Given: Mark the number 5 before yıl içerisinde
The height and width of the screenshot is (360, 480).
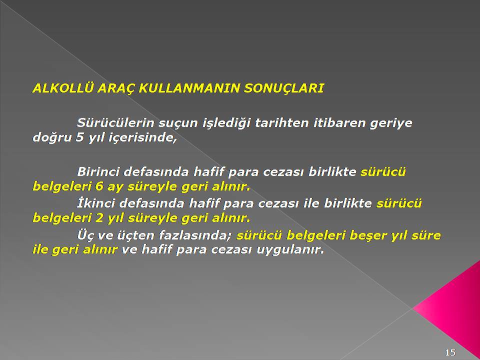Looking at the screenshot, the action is click(x=80, y=137).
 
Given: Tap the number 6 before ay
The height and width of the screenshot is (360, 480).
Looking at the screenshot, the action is click(x=99, y=186).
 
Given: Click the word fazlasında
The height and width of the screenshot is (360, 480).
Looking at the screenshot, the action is click(x=196, y=235).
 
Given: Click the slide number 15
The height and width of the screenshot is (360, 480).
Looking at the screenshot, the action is click(x=450, y=352).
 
